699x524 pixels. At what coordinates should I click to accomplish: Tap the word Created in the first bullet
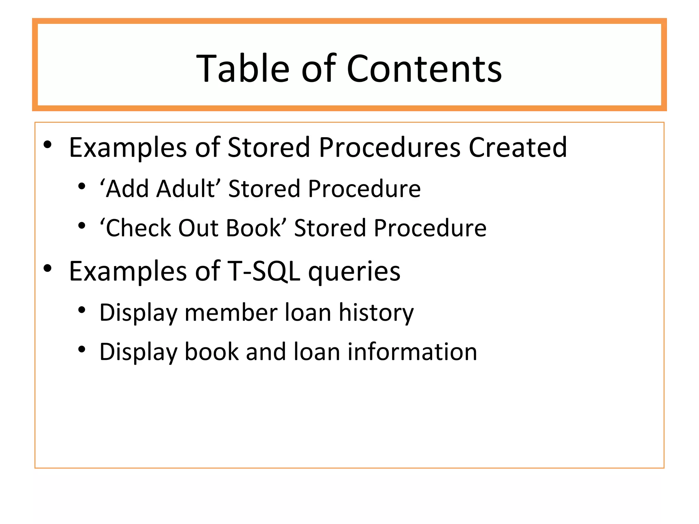point(517,147)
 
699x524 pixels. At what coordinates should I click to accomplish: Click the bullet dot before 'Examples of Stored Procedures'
point(47,145)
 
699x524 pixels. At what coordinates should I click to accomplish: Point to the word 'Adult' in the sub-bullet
point(186,189)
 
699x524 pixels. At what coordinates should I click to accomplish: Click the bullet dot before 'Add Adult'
point(82,186)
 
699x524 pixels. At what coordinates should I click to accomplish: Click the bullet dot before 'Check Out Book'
point(82,225)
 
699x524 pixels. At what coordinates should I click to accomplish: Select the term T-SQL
point(263,271)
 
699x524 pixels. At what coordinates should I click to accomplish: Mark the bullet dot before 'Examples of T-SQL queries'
point(47,268)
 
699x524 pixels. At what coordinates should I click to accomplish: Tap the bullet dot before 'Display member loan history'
point(82,310)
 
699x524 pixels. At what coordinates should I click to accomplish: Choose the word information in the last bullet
point(412,352)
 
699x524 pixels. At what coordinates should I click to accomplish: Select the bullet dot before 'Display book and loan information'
point(82,349)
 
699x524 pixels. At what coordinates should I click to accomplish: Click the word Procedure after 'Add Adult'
point(364,189)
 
